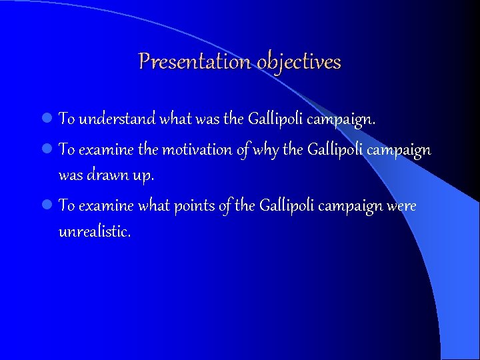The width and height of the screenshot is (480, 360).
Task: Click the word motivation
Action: point(197,150)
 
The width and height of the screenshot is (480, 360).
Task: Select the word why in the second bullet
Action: point(267,150)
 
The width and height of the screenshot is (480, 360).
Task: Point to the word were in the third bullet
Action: point(402,207)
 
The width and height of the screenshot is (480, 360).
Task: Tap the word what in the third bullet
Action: point(153,207)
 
